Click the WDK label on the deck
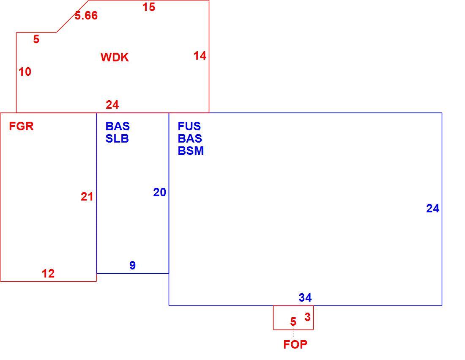coord(115,57)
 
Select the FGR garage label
coord(22,126)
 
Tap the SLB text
coord(117,139)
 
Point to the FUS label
coord(189,126)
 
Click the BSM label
coord(191,151)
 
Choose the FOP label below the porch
coord(295,344)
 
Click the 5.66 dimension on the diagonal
coord(86,15)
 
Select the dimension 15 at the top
coord(148,7)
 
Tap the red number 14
coord(200,55)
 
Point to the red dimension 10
coord(25,71)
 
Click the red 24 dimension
coord(112,104)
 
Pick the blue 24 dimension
coord(433,208)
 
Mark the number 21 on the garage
coord(87,196)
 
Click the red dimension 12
coord(48,273)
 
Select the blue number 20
coord(159,192)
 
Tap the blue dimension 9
coord(133,265)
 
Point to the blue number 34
coord(305,297)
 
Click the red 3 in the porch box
coord(307,317)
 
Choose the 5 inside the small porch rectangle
coord(293,322)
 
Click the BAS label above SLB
coord(118,126)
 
